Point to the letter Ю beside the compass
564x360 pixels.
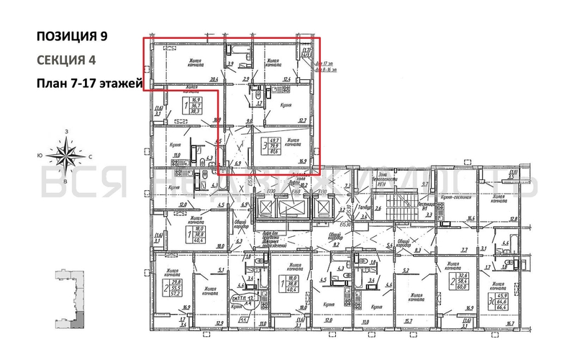41,155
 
